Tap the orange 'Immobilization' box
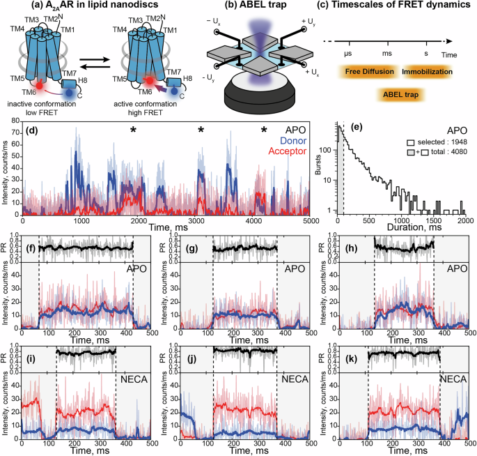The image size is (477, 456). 428,71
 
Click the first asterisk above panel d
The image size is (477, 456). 132,130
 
